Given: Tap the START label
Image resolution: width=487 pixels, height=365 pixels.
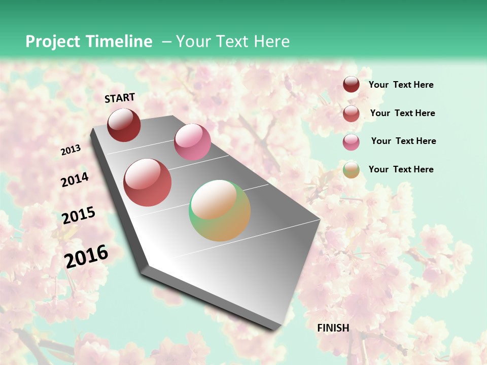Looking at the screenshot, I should (120, 98).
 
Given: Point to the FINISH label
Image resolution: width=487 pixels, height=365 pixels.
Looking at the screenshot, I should (333, 328).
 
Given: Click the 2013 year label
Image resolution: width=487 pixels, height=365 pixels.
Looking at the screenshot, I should (71, 150).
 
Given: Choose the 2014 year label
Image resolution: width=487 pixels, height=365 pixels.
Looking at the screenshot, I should (75, 180).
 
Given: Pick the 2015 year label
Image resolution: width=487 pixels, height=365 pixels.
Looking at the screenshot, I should (79, 215).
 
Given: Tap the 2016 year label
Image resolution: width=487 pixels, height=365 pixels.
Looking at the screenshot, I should (86, 256).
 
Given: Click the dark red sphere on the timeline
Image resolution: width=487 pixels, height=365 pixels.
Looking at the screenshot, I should (124, 125).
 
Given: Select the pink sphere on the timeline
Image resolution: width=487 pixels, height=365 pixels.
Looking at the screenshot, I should (192, 141).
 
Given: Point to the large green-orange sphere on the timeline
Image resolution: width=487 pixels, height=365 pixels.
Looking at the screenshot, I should (220, 210).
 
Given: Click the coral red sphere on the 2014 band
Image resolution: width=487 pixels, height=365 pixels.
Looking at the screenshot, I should (148, 182).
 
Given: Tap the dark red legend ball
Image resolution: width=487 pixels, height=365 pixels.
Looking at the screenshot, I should (351, 85).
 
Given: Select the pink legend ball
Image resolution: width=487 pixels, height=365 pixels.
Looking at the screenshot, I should (351, 142).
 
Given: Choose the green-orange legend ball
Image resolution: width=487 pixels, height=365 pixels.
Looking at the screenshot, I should (351, 170).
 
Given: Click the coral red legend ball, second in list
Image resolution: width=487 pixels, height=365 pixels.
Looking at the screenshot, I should (351, 114).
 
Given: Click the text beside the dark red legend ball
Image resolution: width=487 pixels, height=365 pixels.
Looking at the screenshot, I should (401, 85).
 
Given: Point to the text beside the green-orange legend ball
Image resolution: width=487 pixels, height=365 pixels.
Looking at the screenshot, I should (401, 169).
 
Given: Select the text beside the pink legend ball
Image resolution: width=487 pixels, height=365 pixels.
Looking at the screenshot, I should (403, 141).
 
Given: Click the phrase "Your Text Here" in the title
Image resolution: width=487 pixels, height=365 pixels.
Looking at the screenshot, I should (233, 42).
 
